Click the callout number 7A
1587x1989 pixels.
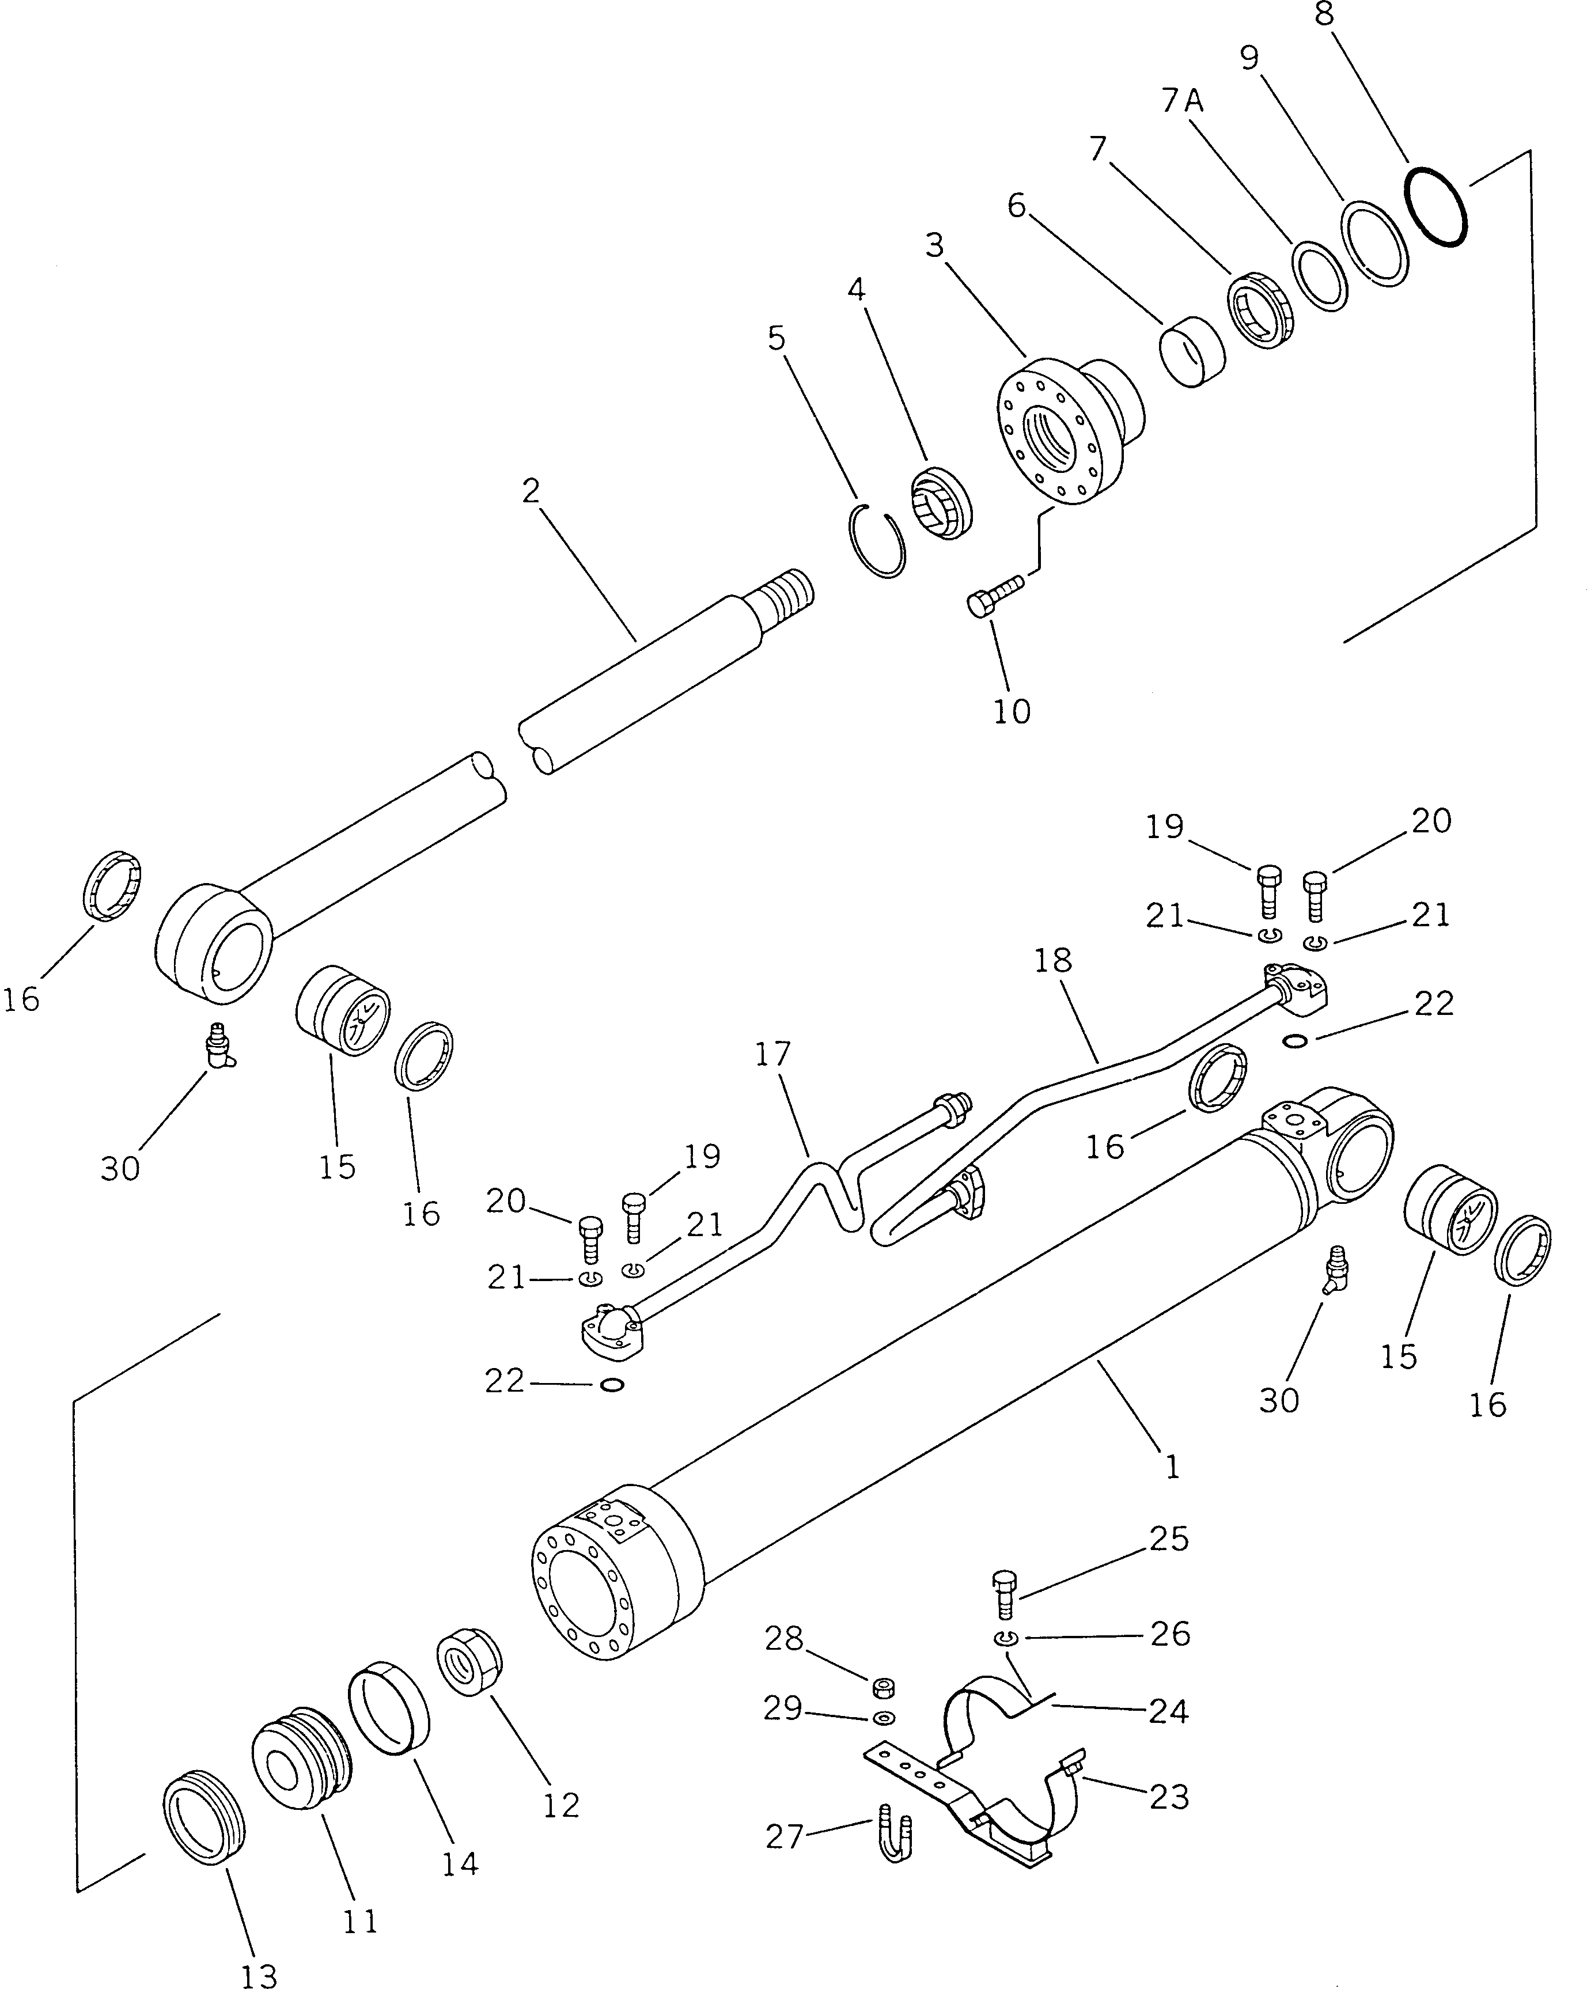click(x=1183, y=100)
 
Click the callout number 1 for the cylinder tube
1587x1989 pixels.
click(x=1172, y=1467)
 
